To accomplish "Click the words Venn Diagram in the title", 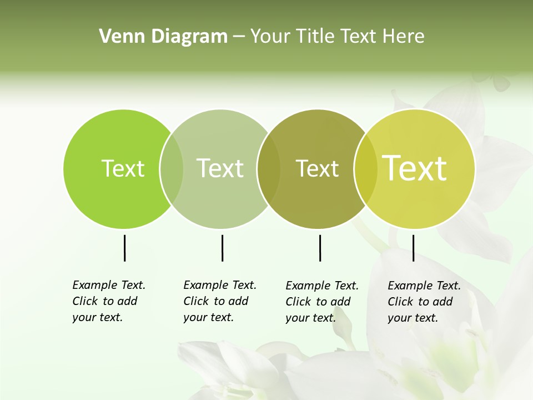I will [163, 37].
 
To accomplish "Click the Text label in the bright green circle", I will [123, 168].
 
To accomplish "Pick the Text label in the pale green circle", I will [220, 168].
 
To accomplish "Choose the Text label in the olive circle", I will [318, 168].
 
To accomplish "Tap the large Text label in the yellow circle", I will [415, 168].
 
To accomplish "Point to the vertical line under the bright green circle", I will [124, 248].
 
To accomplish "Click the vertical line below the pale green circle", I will [222, 248].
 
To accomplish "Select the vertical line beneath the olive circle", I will [320, 248].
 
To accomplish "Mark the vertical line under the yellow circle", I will [413, 248].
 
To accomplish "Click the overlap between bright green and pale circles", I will [172, 169].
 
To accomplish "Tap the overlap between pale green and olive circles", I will [269, 169].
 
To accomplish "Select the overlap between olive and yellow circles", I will [366, 169].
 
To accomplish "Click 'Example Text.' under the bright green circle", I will [109, 285].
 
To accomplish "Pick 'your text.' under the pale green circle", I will [208, 317].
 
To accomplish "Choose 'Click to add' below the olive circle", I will [318, 302].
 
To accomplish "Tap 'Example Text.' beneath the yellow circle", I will [424, 286].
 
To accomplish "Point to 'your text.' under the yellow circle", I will [413, 318].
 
